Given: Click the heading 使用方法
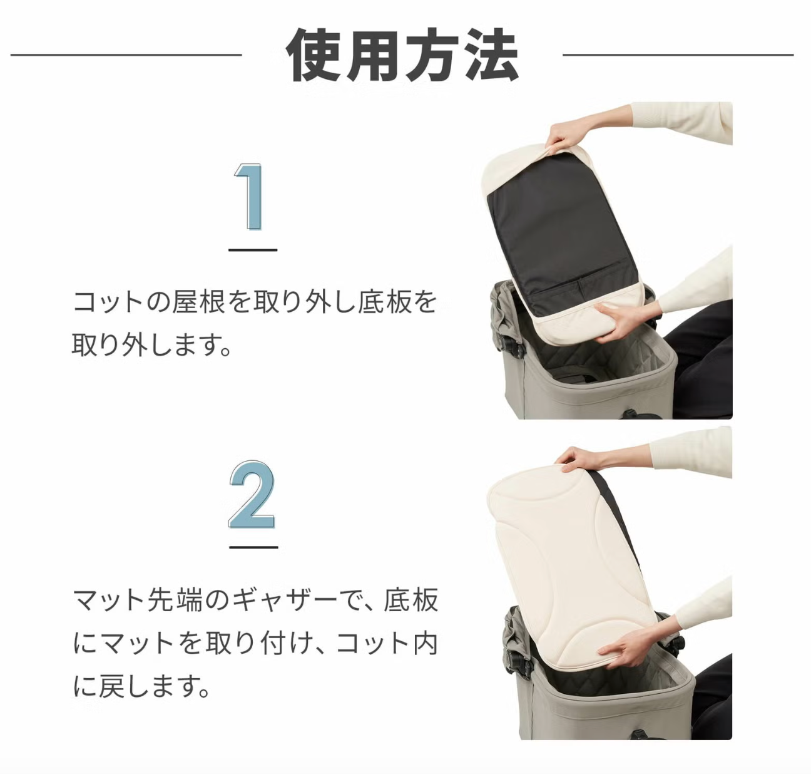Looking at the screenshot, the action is coord(402,55).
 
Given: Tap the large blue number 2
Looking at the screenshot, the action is coord(251,494).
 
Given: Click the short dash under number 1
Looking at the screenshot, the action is coord(253,250).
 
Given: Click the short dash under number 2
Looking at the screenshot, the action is coord(253,547).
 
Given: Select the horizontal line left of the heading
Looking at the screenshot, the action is coord(126,54).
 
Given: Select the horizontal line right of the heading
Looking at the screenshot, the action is coord(678,54).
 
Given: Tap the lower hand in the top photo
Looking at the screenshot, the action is coord(623,321).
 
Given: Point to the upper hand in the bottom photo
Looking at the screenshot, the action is coord(578,459).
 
